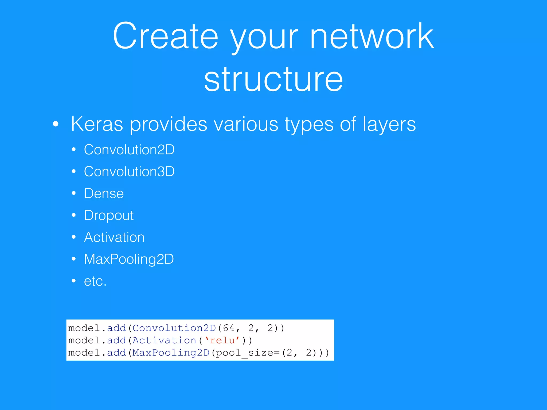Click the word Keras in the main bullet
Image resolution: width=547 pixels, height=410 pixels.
point(97,124)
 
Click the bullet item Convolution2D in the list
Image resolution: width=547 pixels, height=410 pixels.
point(129,149)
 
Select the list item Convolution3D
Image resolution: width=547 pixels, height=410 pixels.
point(129,171)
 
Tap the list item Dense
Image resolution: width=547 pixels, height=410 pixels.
point(104,193)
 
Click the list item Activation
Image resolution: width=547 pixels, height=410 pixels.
point(114,237)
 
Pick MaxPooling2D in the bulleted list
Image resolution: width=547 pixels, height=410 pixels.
point(129,259)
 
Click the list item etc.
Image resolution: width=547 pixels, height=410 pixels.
point(95,281)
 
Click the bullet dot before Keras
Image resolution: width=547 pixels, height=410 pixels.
point(56,124)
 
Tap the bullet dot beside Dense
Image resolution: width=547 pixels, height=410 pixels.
point(74,193)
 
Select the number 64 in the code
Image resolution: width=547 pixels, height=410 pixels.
point(229,328)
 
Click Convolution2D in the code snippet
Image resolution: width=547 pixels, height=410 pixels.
point(174,328)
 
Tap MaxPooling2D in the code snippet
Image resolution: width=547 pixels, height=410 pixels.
point(171,353)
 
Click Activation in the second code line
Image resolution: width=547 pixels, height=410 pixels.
point(165,340)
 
